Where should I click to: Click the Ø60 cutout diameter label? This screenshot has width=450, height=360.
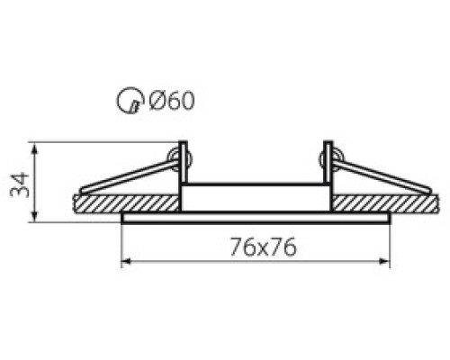pyautogui.click(x=172, y=100)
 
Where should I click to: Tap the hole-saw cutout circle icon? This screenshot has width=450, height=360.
pyautogui.click(x=130, y=100)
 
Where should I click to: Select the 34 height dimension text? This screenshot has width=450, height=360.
pyautogui.click(x=20, y=184)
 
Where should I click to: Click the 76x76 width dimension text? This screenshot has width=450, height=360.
pyautogui.click(x=263, y=247)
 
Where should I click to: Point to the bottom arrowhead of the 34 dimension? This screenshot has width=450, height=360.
pyautogui.click(x=35, y=217)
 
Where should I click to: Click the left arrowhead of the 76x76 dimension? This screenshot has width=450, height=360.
pyautogui.click(x=126, y=261)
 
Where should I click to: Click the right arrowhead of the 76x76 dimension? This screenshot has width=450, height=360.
pyautogui.click(x=384, y=261)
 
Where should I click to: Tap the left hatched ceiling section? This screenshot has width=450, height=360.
pyautogui.click(x=126, y=203)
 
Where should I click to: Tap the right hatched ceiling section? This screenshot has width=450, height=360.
pyautogui.click(x=385, y=203)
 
